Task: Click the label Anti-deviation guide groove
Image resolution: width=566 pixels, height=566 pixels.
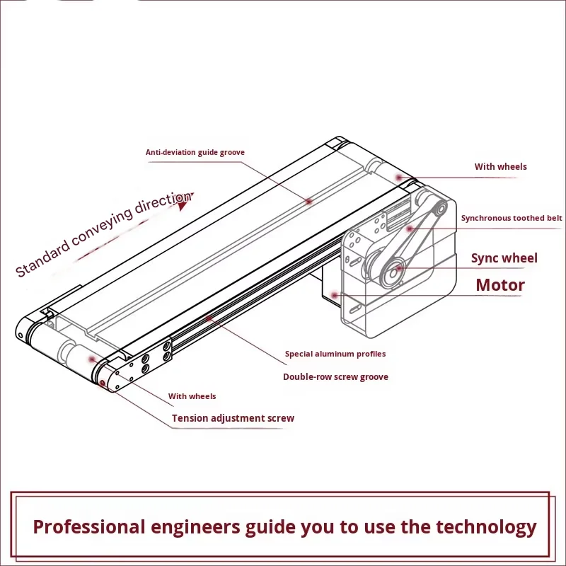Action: (x=195, y=152)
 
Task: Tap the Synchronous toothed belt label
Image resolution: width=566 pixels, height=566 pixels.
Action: (x=512, y=218)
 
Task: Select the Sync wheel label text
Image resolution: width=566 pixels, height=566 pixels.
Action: (x=504, y=258)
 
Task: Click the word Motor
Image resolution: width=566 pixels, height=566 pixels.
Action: (x=499, y=285)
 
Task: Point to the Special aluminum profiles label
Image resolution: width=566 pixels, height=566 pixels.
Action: (x=335, y=354)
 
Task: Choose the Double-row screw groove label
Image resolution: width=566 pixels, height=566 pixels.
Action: (x=335, y=377)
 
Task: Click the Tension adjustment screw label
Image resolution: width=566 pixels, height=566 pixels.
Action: (x=233, y=418)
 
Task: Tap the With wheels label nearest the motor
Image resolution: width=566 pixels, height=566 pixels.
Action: (x=500, y=167)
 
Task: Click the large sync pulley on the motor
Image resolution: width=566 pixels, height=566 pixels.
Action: (x=391, y=269)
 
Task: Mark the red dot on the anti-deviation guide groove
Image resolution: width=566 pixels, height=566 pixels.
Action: (x=309, y=201)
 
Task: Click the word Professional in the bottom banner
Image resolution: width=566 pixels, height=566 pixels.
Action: (x=89, y=527)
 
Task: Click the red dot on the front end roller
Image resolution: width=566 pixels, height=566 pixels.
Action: (x=92, y=359)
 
